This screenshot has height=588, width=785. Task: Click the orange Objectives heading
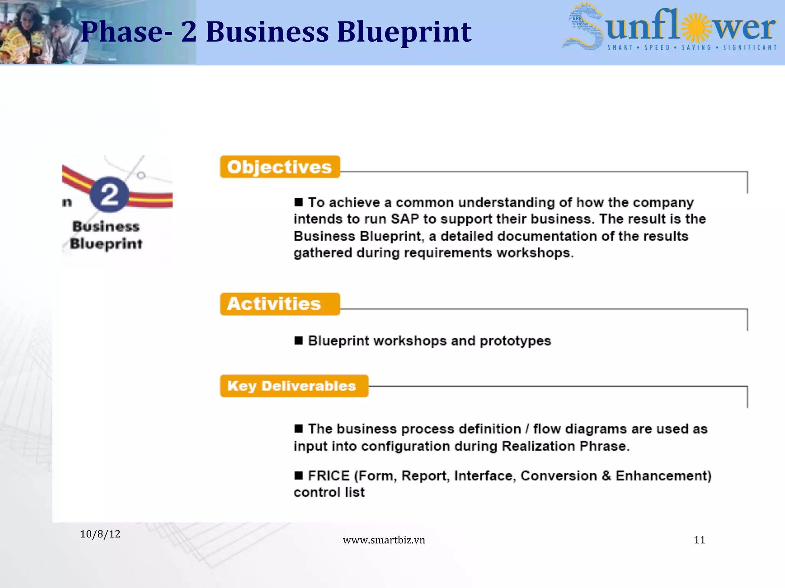click(x=280, y=167)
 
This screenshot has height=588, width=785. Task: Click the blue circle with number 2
click(x=110, y=194)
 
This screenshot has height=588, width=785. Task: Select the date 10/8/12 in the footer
click(x=100, y=534)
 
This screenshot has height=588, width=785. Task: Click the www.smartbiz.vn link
click(x=384, y=540)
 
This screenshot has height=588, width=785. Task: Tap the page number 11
click(x=700, y=540)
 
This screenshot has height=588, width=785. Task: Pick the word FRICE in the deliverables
click(x=329, y=475)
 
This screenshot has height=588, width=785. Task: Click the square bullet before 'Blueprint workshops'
click(x=299, y=340)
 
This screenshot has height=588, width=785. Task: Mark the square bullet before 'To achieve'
click(x=299, y=202)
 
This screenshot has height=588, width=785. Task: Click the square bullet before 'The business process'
click(x=299, y=428)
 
